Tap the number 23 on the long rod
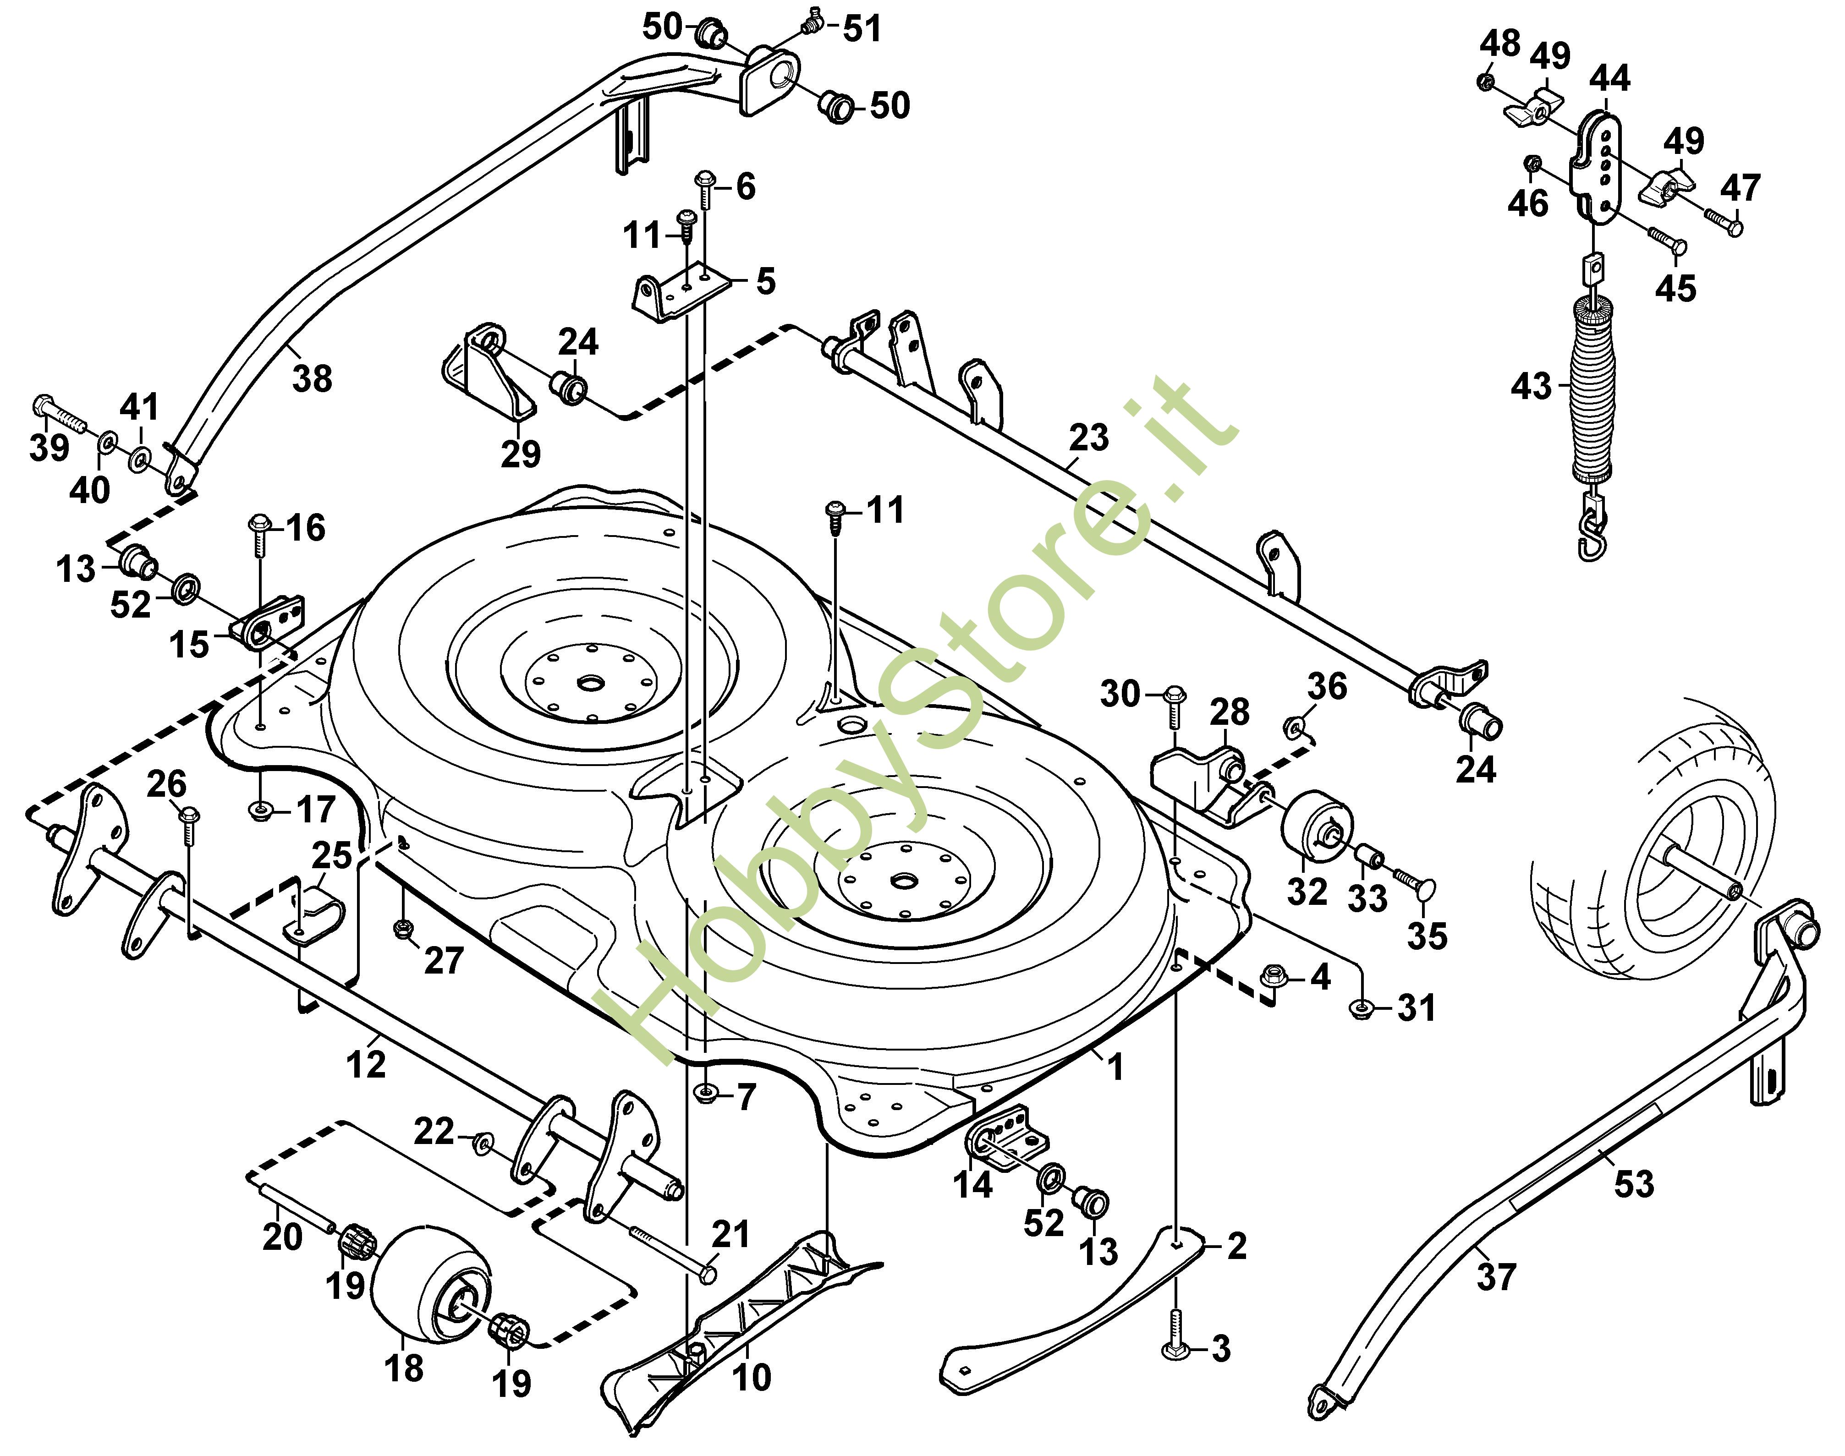[1089, 438]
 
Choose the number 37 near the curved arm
[1496, 1276]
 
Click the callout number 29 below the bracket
[520, 454]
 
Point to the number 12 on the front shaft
[367, 1064]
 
